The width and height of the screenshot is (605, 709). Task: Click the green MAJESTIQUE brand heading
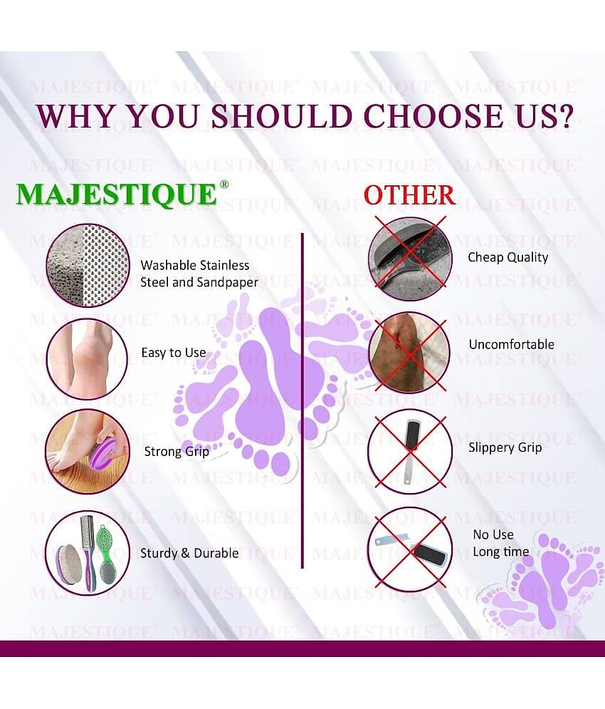pyautogui.click(x=117, y=195)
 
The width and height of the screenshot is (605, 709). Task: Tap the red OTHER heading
pyautogui.click(x=409, y=195)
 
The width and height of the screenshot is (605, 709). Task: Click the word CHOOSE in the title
pyautogui.click(x=433, y=116)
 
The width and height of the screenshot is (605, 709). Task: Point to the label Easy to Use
pyautogui.click(x=174, y=353)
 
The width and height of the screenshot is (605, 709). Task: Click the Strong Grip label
pyautogui.click(x=177, y=452)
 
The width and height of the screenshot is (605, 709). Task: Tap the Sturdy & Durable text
pyautogui.click(x=189, y=553)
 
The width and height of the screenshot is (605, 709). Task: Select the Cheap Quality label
pyautogui.click(x=508, y=258)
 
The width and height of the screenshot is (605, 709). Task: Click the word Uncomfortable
pyautogui.click(x=512, y=345)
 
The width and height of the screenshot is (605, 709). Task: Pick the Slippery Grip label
pyautogui.click(x=505, y=447)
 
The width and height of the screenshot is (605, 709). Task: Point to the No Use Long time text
pyautogui.click(x=500, y=544)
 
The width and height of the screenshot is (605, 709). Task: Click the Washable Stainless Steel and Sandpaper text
pyautogui.click(x=199, y=274)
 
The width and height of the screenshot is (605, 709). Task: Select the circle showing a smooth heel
pyautogui.click(x=88, y=359)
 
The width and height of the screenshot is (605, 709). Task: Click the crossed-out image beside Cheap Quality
pyautogui.click(x=410, y=259)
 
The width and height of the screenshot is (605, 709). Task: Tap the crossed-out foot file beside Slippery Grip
pyautogui.click(x=410, y=451)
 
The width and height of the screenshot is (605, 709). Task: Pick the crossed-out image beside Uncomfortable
pyautogui.click(x=410, y=353)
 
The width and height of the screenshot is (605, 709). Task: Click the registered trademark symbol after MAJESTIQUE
pyautogui.click(x=224, y=185)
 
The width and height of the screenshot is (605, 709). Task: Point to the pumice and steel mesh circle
pyautogui.click(x=88, y=265)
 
